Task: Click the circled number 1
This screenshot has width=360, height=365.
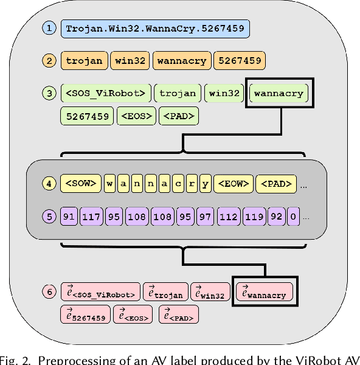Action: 49,28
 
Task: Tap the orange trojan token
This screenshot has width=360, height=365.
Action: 85,61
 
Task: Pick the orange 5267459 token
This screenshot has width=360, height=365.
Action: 240,61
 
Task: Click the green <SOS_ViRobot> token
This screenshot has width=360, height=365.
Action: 105,93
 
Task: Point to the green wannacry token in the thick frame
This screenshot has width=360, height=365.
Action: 279,94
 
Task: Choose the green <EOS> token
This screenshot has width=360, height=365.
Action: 136,116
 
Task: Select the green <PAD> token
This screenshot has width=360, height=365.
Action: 178,116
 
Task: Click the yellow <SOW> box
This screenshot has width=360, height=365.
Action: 80,184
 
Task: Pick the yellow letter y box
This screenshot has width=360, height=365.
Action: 206,184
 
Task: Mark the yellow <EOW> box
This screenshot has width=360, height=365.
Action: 233,184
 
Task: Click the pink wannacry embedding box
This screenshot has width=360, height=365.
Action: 264,293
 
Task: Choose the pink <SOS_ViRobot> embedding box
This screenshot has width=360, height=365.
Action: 101,293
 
